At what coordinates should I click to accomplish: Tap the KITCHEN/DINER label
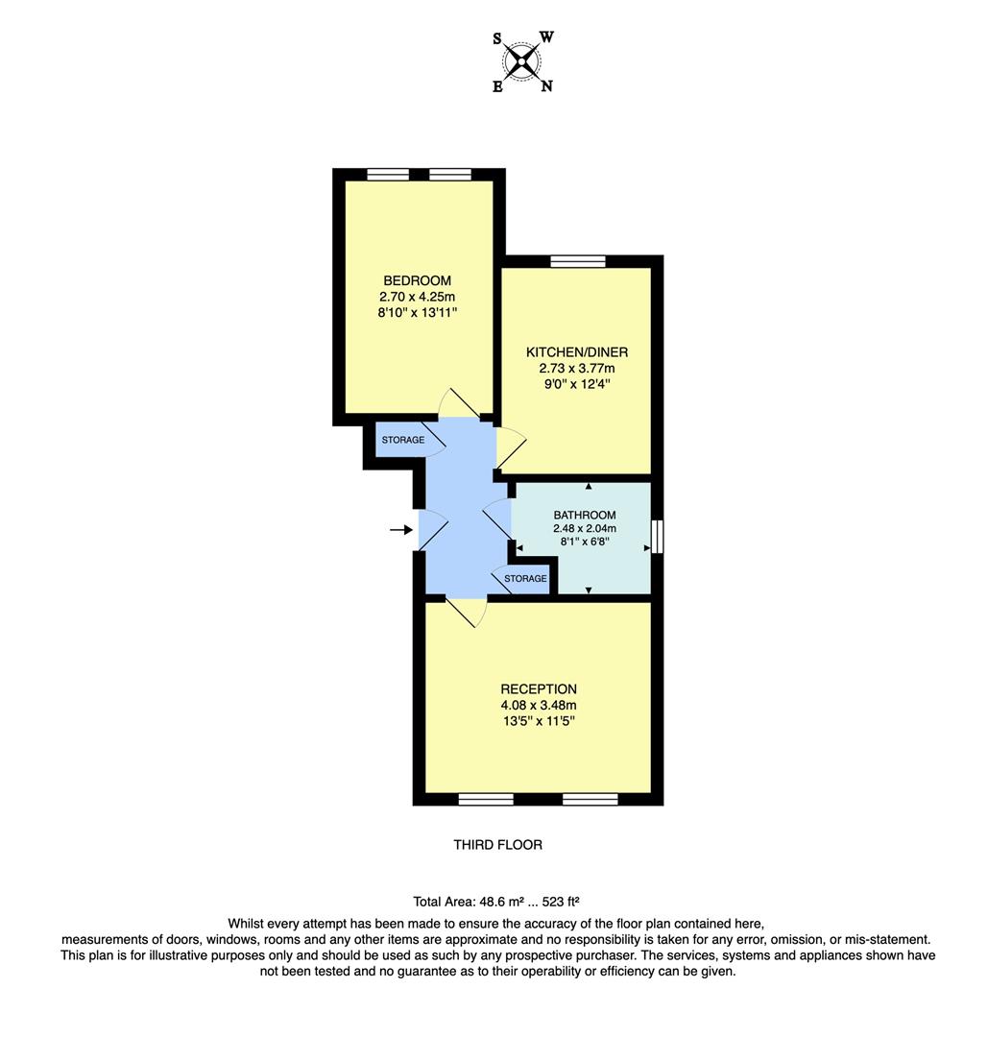coord(577,352)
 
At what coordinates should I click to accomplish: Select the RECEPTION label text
coord(538,689)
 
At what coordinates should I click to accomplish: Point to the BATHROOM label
coord(585,516)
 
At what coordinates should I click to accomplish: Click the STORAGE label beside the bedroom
coord(402,441)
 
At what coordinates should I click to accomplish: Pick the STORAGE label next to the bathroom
coord(525,579)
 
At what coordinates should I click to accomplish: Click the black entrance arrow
coord(401,529)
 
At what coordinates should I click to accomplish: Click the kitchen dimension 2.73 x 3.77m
coord(577,369)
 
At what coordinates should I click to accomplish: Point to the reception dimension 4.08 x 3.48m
coord(538,706)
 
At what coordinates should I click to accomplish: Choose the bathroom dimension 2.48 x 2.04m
coord(585,529)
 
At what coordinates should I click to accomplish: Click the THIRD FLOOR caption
coord(497,845)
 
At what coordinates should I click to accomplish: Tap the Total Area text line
coord(495,902)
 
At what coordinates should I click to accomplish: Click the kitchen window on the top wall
coord(578,261)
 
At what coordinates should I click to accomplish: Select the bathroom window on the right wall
coord(658,536)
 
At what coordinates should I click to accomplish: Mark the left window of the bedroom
coord(388,175)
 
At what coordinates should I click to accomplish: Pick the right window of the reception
coord(590,799)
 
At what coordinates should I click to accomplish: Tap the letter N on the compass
coord(546,86)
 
